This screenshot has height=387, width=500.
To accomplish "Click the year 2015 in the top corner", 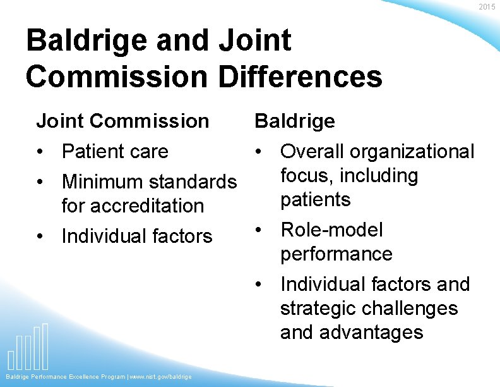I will tap(487, 7).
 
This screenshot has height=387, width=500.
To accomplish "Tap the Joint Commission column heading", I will tap(122, 121).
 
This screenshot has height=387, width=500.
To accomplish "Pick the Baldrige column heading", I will tap(294, 121).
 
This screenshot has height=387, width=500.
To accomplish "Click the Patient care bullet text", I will tap(115, 152).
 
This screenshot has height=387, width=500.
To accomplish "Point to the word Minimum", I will tap(102, 182).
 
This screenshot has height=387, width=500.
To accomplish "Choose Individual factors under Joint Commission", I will tap(136, 236).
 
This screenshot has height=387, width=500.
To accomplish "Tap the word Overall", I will tap(312, 152).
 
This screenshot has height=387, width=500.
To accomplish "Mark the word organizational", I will tap(412, 152).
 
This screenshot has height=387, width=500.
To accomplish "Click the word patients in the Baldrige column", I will tap(316, 200).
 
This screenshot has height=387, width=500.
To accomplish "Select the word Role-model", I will tap(331, 230).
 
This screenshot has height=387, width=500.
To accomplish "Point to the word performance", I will tap(336, 254).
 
